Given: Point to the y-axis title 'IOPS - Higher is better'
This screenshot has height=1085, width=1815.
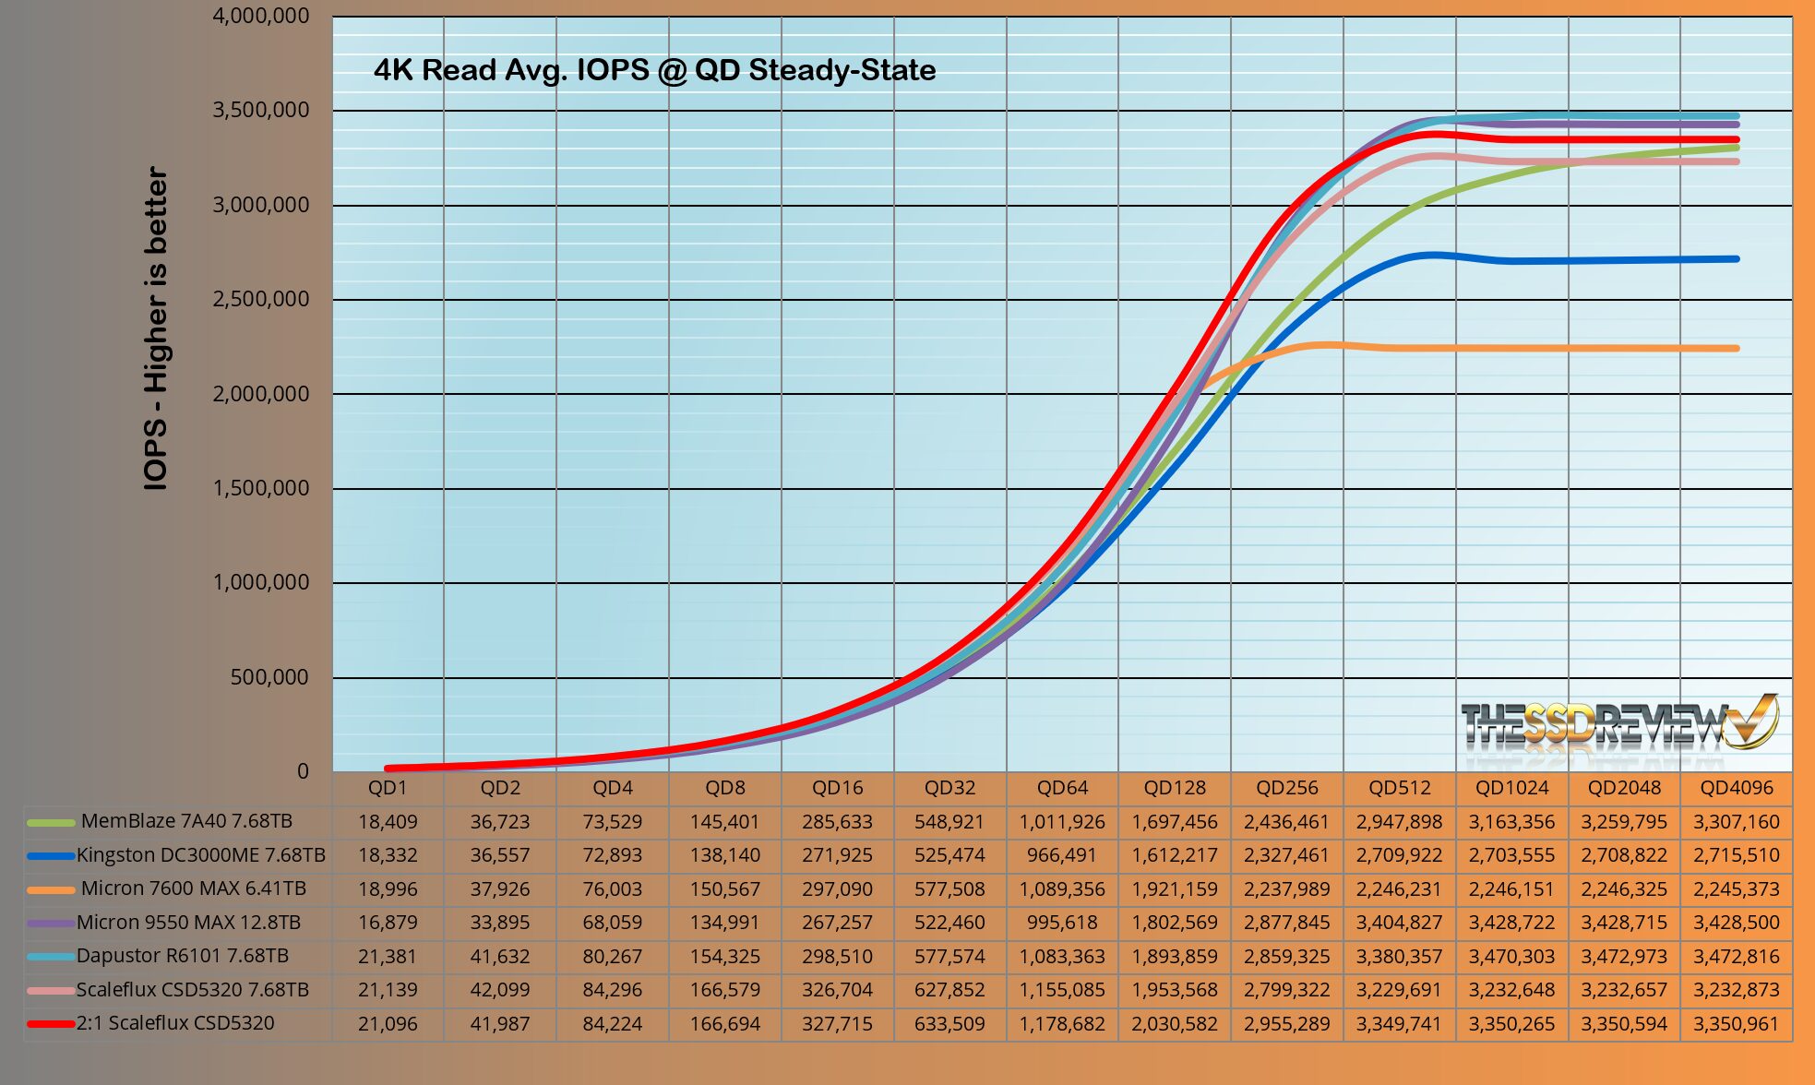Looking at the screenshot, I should pyautogui.click(x=157, y=328).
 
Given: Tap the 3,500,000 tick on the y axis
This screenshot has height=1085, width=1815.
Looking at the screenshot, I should pyautogui.click(x=261, y=111).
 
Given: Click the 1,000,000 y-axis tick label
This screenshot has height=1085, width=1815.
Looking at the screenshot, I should pyautogui.click(x=261, y=582).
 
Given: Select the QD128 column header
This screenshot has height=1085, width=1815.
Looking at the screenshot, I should pyautogui.click(x=1175, y=788).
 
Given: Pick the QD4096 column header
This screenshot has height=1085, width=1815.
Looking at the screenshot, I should pyautogui.click(x=1737, y=788).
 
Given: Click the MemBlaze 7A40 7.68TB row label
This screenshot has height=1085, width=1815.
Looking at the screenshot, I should pyautogui.click(x=186, y=821).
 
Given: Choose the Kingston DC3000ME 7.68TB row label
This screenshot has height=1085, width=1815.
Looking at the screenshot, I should pyautogui.click(x=200, y=855).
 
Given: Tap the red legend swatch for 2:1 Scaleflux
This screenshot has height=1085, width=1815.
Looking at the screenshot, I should pyautogui.click(x=51, y=1024).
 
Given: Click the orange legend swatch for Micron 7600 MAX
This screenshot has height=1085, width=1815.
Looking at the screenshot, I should pyautogui.click(x=51, y=889).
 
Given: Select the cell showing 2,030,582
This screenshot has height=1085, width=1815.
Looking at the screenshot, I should pyautogui.click(x=1175, y=1024).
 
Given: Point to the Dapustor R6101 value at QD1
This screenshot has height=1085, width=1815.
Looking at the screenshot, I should pyautogui.click(x=388, y=957).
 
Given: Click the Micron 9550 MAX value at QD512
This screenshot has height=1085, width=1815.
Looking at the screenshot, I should pyautogui.click(x=1399, y=923).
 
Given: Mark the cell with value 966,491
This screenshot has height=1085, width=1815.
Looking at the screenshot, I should pyautogui.click(x=1062, y=855).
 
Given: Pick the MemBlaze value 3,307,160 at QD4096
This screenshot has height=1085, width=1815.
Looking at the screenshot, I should pyautogui.click(x=1737, y=822).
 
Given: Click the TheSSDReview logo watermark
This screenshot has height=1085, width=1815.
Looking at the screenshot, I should pyautogui.click(x=1619, y=724).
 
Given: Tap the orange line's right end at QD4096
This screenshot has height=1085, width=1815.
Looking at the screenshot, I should pyautogui.click(x=1737, y=349).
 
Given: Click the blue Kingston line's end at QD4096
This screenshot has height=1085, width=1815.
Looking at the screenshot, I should pyautogui.click(x=1737, y=259).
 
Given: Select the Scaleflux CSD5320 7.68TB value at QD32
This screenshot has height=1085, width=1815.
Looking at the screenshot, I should pyautogui.click(x=949, y=990).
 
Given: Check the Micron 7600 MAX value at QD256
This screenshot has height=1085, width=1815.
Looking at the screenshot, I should pyautogui.click(x=1286, y=889).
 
